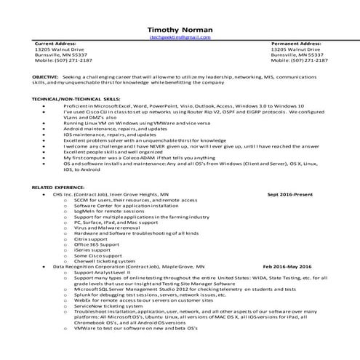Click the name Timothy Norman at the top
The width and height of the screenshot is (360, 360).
tap(180, 28)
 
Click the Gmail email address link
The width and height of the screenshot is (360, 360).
tap(180, 36)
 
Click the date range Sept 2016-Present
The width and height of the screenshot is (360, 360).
tap(290, 195)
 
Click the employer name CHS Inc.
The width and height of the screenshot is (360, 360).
tap(68, 195)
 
